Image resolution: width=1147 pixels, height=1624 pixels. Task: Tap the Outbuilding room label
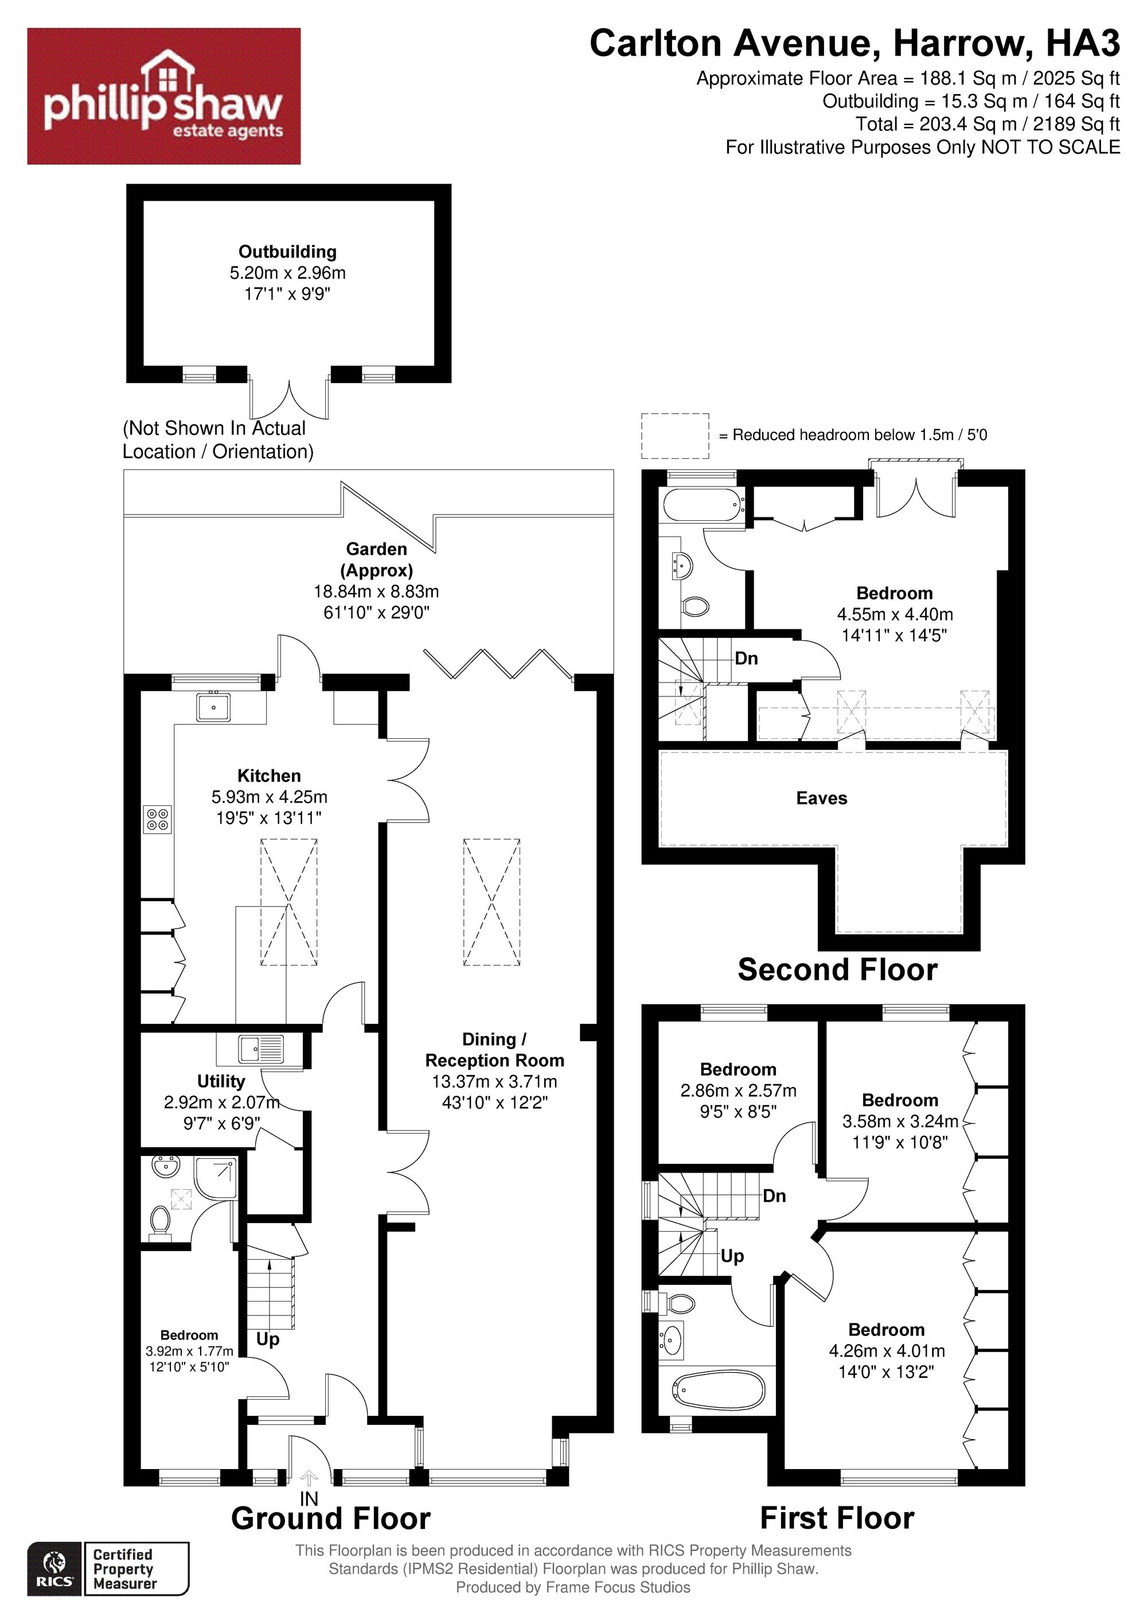(287, 251)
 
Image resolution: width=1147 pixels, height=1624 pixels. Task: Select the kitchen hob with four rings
(158, 819)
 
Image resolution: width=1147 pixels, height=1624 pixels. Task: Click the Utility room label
(221, 1081)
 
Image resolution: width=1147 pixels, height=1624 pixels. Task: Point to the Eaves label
(821, 798)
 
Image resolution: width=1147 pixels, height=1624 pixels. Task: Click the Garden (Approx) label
(376, 559)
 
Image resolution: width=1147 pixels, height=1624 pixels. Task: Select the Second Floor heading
(837, 969)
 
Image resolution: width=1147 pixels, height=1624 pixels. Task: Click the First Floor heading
(837, 1518)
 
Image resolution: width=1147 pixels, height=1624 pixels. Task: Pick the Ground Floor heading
(331, 1518)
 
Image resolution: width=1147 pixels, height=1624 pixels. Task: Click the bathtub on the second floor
(704, 505)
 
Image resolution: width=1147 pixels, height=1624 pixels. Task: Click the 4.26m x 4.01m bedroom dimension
(887, 1351)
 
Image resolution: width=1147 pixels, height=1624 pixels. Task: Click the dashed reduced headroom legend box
(674, 436)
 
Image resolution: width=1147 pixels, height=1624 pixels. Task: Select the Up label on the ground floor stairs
(267, 1339)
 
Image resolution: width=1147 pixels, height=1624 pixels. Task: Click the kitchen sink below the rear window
(213, 707)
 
